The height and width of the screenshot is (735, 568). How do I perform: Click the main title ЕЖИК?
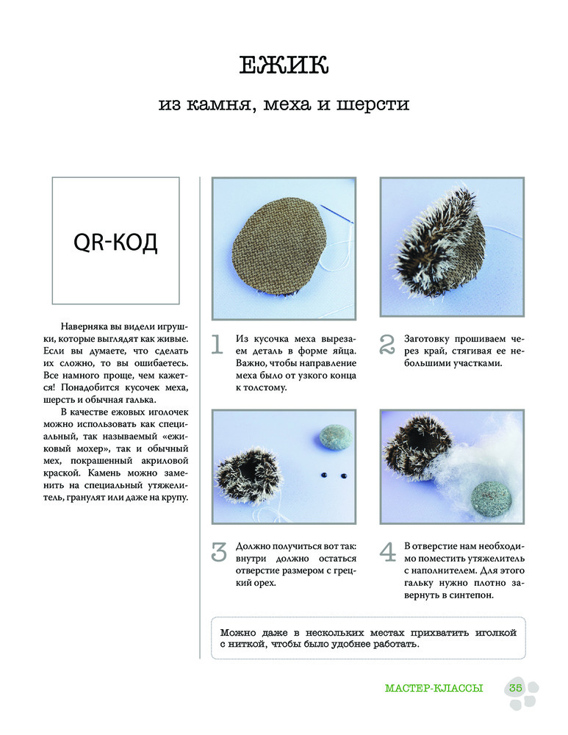[284, 65]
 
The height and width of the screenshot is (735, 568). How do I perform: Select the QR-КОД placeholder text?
[116, 242]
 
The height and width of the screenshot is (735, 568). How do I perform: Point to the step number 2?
[387, 345]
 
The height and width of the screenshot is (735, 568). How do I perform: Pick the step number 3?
[218, 552]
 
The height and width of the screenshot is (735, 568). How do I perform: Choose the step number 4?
[388, 553]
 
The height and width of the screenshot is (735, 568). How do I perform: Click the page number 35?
[514, 688]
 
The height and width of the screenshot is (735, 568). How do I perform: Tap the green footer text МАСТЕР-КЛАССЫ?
[434, 689]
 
